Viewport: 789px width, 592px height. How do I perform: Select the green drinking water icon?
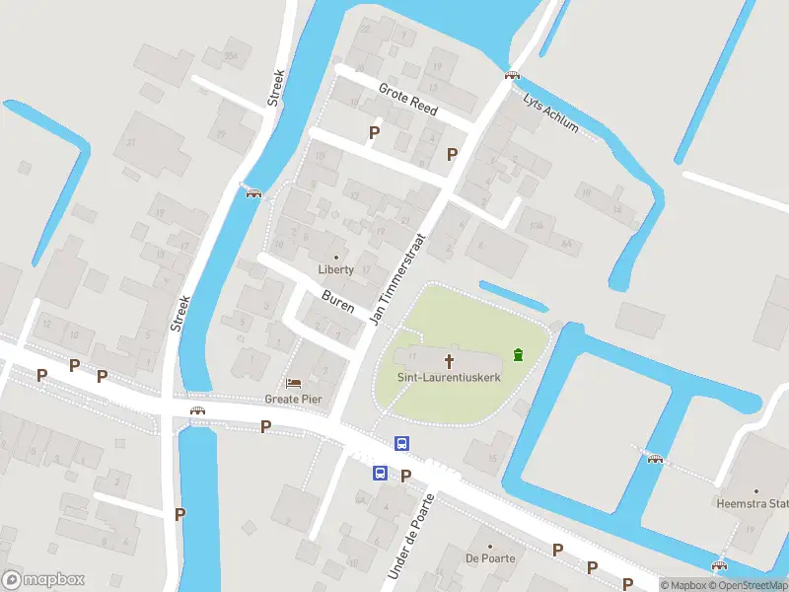click(x=518, y=354)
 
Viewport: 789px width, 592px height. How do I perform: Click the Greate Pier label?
click(x=294, y=400)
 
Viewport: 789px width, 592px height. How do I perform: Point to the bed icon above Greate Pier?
click(x=294, y=383)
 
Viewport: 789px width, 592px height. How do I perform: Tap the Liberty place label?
click(x=335, y=270)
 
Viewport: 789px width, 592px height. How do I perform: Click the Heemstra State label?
click(x=763, y=504)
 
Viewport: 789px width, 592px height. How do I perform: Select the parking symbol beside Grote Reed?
click(x=374, y=132)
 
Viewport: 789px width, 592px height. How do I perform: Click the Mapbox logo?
click(x=43, y=579)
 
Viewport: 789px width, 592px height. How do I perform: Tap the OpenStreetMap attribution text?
click(x=748, y=586)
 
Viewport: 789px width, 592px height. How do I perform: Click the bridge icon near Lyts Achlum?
click(x=512, y=75)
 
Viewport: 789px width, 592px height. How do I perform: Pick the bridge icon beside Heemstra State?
click(x=654, y=457)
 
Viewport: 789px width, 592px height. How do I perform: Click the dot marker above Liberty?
click(x=335, y=257)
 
